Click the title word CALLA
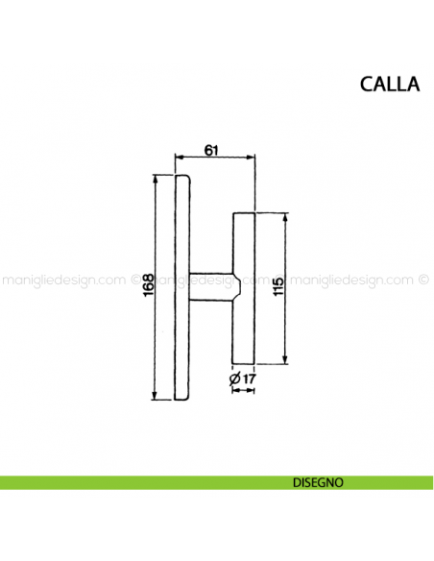[x=389, y=84]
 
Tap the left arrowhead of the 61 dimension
[x=178, y=156]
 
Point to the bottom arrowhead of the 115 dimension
[x=285, y=361]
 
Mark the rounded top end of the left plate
[x=182, y=178]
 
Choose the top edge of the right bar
[x=244, y=213]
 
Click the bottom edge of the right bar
[x=244, y=364]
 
